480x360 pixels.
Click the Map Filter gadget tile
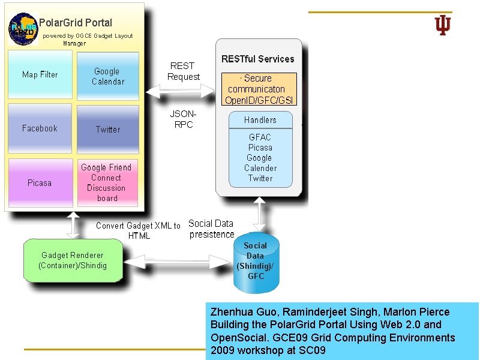[x=40, y=74]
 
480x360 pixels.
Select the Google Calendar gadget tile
[x=108, y=76]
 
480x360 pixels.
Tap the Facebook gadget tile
[x=40, y=128]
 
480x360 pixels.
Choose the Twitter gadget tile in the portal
[x=108, y=129]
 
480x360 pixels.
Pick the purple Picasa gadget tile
[x=40, y=182]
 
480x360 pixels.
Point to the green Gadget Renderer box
[x=73, y=260]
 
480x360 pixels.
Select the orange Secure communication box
[x=259, y=89]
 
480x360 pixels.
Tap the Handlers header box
[x=260, y=120]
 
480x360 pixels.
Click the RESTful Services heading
[x=258, y=59]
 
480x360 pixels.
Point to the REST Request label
[x=183, y=71]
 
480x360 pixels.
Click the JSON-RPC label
[x=183, y=119]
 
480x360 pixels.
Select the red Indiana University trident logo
[x=443, y=25]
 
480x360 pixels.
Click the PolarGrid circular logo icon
[x=23, y=27]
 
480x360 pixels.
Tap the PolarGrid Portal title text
[x=76, y=23]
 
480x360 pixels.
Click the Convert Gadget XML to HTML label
[x=139, y=230]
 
